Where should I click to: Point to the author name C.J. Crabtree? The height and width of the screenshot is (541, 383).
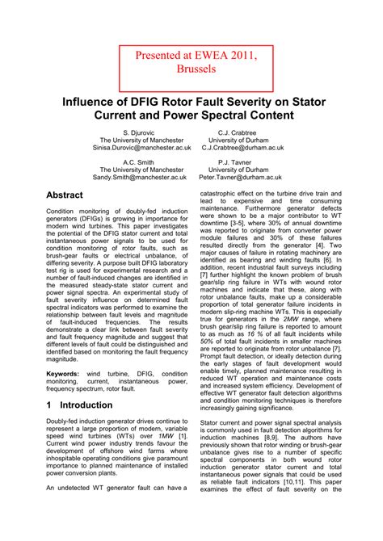[243, 131]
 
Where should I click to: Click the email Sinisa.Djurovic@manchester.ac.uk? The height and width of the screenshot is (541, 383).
[141, 149]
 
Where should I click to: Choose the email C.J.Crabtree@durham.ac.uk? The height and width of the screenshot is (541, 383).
[243, 149]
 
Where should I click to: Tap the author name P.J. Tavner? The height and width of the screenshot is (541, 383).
[243, 161]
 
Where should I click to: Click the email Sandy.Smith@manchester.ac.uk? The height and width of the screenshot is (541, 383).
[141, 178]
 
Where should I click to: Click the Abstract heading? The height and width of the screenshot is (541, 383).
[65, 195]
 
